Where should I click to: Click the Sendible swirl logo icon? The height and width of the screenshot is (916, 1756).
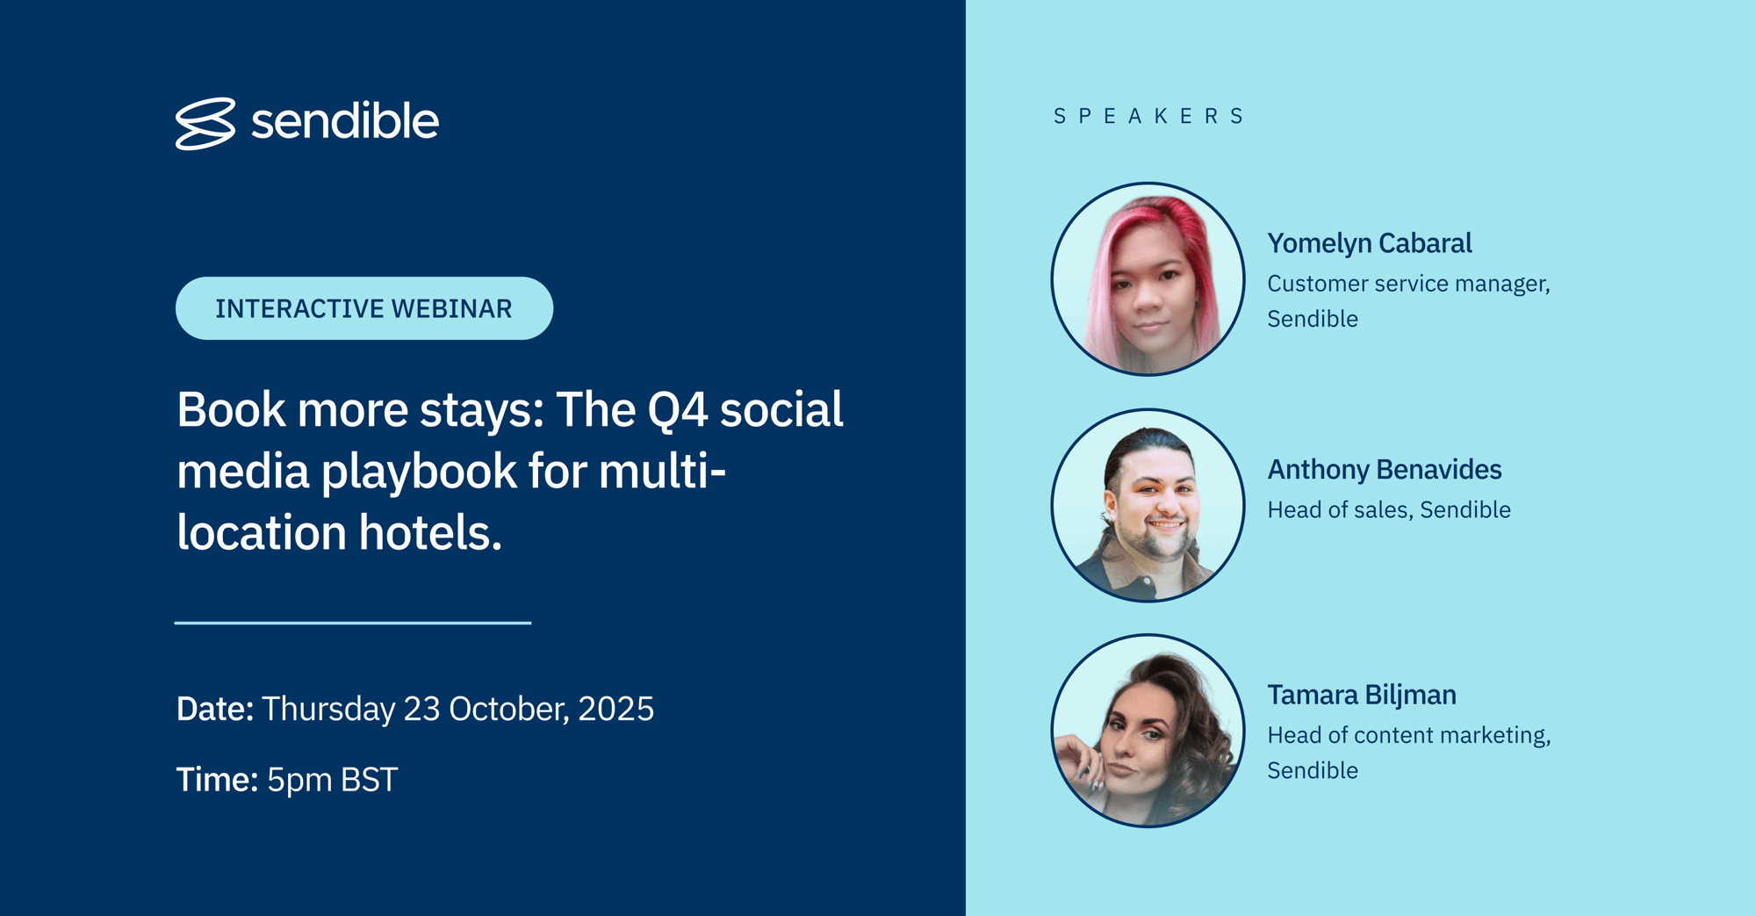click(205, 123)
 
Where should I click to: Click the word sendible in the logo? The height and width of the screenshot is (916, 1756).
click(344, 121)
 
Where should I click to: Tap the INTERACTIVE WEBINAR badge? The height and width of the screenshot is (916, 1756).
click(363, 308)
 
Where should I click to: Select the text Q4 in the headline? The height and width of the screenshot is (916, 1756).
click(677, 410)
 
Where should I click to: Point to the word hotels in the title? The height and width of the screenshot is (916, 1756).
click(429, 533)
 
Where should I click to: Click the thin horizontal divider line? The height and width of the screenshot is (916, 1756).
click(353, 623)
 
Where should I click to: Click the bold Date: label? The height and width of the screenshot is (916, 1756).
click(215, 709)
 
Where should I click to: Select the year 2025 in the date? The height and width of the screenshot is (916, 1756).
click(615, 709)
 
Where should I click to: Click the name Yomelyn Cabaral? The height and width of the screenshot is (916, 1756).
click(1369, 243)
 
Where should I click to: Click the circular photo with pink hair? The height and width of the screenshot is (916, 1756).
click(1148, 279)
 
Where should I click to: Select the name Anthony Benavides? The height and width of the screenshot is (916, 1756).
click(1384, 470)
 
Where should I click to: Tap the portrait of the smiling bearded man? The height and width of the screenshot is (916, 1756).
click(1148, 505)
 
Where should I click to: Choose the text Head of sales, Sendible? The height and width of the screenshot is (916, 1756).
click(1388, 510)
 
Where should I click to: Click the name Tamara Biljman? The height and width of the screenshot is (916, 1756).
click(1361, 696)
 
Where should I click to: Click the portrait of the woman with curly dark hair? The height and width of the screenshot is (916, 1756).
click(1148, 731)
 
